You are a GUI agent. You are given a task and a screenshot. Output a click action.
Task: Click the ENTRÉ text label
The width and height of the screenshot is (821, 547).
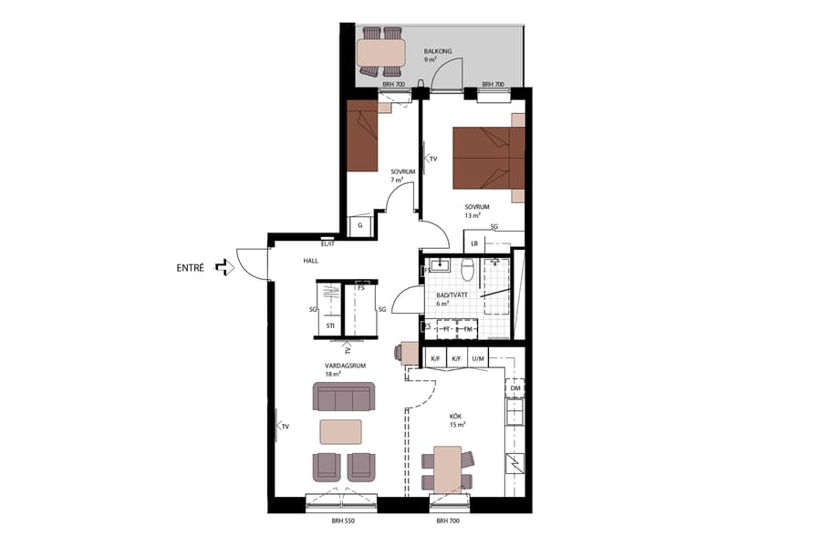click(190, 268)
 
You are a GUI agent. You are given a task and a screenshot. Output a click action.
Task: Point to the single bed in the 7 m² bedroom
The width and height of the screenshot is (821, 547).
click(361, 136)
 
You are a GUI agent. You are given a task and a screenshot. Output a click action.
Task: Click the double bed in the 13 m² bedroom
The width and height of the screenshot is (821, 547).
click(489, 158)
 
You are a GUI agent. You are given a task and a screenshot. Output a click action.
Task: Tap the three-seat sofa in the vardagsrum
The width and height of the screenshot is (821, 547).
click(343, 397)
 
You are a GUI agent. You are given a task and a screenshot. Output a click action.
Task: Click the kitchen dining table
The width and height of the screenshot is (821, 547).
click(447, 470)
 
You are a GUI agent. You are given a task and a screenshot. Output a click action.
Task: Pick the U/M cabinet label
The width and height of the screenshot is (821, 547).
click(479, 359)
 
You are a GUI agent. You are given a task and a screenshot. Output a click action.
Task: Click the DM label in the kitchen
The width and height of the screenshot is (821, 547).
click(515, 389)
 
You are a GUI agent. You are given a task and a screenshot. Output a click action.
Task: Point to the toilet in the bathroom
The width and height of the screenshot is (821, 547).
click(466, 269)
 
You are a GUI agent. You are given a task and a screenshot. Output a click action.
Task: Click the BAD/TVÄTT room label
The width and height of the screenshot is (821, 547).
click(453, 294)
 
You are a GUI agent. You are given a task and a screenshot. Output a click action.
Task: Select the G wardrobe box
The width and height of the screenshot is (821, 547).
click(360, 224)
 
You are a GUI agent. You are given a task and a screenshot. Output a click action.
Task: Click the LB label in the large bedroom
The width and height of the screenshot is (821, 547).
click(474, 243)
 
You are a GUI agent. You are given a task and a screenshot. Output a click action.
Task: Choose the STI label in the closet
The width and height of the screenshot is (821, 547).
click(329, 325)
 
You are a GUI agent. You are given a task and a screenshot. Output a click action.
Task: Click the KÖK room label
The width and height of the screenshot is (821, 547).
click(456, 416)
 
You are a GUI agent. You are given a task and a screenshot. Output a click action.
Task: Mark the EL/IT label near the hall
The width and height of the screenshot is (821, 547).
click(328, 243)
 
